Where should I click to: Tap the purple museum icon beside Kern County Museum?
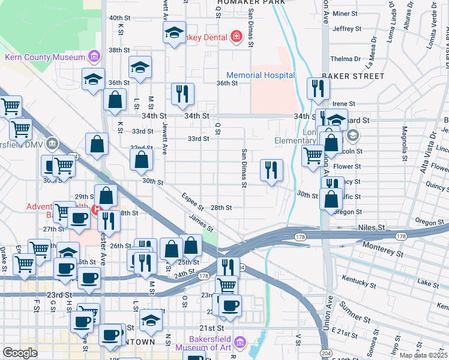pos(93,57)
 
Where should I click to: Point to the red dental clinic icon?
pos(237,37)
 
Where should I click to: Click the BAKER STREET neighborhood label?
pos(352,76)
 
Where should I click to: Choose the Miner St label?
pos(345,13)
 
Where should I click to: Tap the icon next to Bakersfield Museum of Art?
pos(240,343)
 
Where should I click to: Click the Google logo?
pos(20,353)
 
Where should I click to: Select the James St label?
pos(201,224)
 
